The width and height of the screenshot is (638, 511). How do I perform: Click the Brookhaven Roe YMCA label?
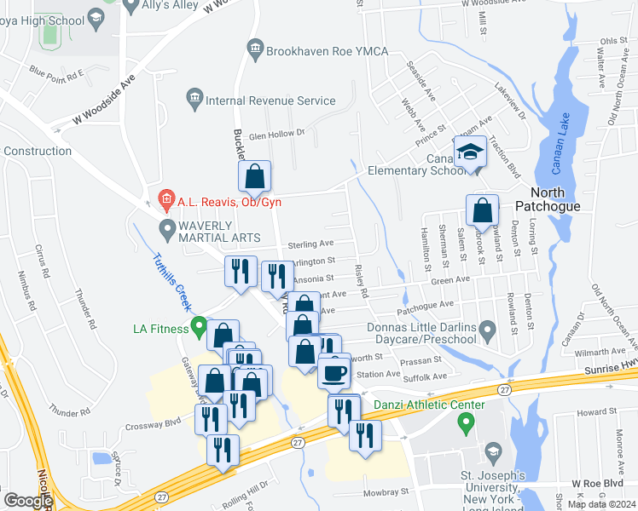click(327, 52)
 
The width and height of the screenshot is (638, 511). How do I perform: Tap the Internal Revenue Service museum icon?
click(194, 100)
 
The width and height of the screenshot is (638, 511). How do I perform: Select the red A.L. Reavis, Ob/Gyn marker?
click(165, 202)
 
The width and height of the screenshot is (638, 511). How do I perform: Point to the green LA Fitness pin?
click(200, 325)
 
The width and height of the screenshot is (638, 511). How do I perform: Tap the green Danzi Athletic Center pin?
click(465, 421)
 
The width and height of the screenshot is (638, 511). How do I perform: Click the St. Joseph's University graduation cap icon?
click(493, 451)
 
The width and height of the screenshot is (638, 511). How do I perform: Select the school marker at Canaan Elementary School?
click(469, 152)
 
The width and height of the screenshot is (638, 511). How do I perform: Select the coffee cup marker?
click(333, 372)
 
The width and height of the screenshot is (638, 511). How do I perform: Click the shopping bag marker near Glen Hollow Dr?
click(254, 177)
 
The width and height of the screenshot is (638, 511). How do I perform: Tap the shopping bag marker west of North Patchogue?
click(483, 210)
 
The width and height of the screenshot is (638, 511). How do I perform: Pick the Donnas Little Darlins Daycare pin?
click(487, 329)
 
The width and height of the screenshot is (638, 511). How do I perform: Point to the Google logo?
click(28, 501)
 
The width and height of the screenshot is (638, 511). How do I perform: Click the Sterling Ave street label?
click(310, 244)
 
